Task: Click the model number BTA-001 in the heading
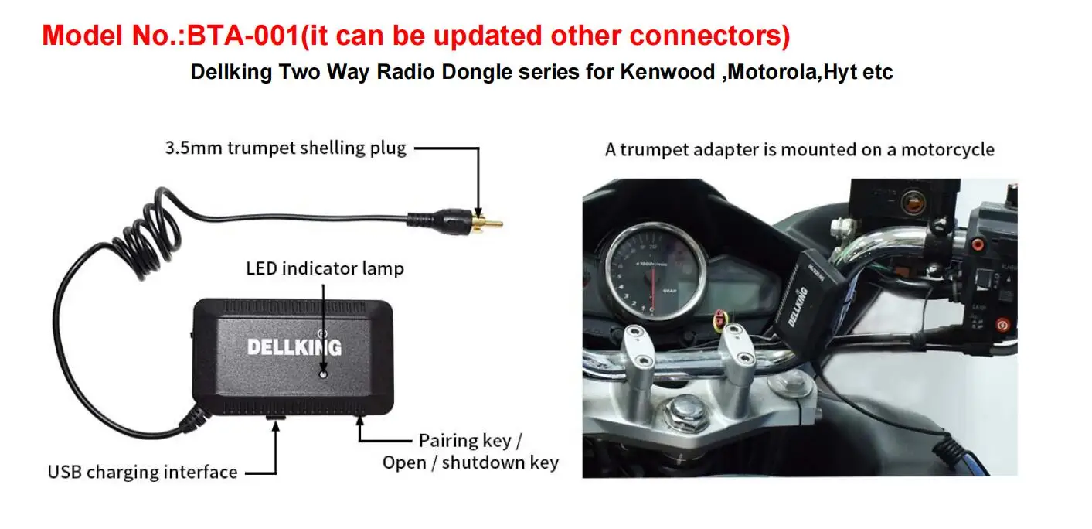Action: (243, 35)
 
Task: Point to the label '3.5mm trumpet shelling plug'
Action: (285, 148)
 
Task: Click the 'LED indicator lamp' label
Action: (325, 268)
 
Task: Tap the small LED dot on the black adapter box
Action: (323, 374)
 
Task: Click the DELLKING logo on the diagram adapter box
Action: (294, 346)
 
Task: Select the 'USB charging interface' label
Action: (142, 472)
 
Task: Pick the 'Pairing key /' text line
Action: (470, 441)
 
